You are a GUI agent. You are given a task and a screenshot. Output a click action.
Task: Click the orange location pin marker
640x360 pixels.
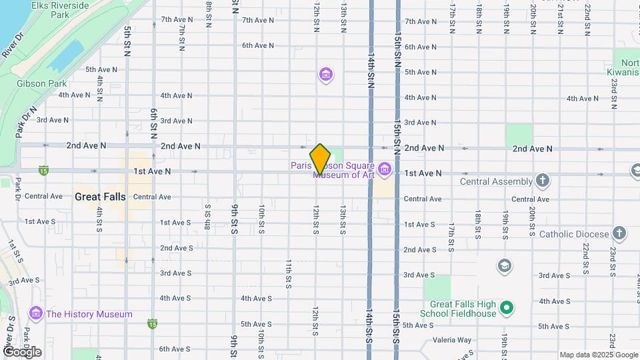(320, 159)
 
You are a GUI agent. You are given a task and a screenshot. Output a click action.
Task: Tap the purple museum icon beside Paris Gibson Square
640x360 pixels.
(384, 170)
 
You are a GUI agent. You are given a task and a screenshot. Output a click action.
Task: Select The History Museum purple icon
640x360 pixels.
(36, 313)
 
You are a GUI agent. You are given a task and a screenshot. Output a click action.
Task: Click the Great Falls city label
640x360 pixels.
(99, 197)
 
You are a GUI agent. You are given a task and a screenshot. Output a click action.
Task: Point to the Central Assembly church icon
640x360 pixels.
(543, 181)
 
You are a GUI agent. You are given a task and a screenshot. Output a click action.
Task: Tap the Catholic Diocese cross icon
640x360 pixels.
(619, 233)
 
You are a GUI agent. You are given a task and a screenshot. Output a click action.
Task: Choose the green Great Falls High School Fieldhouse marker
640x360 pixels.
(507, 307)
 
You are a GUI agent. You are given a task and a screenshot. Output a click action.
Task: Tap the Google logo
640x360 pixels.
(22, 351)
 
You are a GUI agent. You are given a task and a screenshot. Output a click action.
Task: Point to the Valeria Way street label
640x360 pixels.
(452, 339)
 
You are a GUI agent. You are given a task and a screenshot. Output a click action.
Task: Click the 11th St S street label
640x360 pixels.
(289, 273)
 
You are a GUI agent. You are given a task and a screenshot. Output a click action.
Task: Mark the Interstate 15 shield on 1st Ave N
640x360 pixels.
(43, 171)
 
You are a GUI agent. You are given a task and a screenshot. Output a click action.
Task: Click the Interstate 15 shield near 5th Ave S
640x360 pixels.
(153, 323)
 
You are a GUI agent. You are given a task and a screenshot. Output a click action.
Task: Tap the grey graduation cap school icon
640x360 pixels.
(505, 267)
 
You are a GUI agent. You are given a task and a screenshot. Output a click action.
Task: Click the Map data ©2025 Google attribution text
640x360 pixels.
(599, 355)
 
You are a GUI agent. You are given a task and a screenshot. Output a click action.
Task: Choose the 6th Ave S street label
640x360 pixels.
(175, 349)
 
